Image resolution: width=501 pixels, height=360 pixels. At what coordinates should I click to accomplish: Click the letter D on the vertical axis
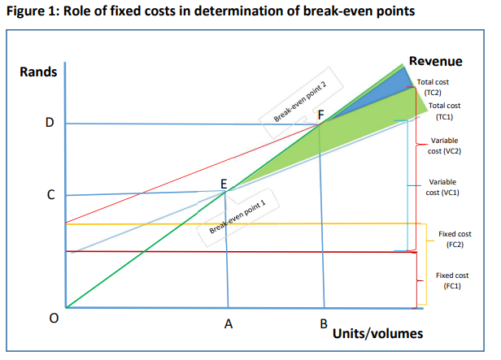coord(50,124)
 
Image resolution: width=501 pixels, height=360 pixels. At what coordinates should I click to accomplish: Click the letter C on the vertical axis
coord(50,195)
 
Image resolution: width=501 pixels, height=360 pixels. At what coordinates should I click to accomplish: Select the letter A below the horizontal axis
coord(229,324)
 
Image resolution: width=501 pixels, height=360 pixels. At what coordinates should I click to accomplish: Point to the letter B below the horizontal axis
coord(323,324)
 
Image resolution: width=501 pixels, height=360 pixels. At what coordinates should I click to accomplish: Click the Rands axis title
coord(38,72)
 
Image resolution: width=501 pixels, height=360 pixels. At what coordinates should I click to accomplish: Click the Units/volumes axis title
coord(377,334)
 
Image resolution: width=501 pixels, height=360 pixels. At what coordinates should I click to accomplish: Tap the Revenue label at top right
coord(435,62)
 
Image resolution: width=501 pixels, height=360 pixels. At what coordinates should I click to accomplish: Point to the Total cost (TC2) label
coord(432,87)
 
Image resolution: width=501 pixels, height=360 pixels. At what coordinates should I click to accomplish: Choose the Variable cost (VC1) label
coord(442,187)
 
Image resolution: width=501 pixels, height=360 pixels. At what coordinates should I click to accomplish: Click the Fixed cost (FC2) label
coord(454,238)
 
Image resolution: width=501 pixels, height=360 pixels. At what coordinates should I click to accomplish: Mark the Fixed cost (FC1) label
coord(452,280)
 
